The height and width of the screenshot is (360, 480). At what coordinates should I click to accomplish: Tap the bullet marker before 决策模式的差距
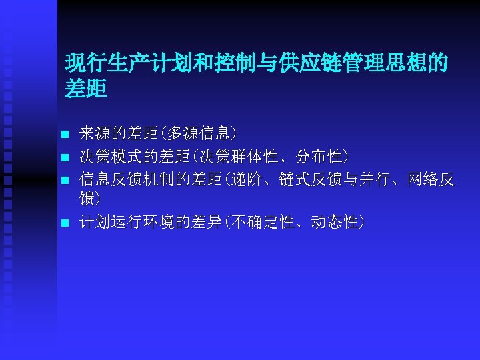[x=65, y=158]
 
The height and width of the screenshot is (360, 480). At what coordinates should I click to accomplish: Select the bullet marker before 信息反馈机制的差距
[x=65, y=180]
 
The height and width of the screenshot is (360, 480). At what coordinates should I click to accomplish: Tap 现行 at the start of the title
[x=85, y=64]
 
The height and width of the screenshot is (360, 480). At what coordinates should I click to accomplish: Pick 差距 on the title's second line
[x=85, y=89]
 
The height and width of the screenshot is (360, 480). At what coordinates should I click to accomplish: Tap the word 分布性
[x=319, y=157]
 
